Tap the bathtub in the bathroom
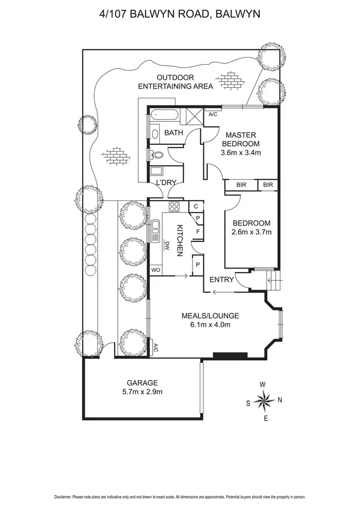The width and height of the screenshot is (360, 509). [164, 115]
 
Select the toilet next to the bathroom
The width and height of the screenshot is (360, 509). [156, 155]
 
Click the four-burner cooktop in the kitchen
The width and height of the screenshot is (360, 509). [174, 207]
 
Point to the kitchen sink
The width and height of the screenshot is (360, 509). [156, 231]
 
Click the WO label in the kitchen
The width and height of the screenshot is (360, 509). [156, 270]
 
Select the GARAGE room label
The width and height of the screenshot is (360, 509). [142, 383]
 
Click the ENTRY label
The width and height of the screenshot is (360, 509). [222, 280]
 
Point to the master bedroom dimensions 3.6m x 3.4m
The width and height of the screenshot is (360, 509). [241, 153]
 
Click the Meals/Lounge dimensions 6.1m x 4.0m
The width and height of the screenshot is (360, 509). [210, 324]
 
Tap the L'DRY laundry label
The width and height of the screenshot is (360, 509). [166, 182]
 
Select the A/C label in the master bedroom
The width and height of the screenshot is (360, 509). [213, 114]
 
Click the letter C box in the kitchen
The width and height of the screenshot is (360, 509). [196, 206]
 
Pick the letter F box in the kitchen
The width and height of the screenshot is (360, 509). [198, 232]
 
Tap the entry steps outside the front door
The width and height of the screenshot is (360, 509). [273, 281]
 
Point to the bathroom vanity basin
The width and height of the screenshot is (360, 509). [156, 133]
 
